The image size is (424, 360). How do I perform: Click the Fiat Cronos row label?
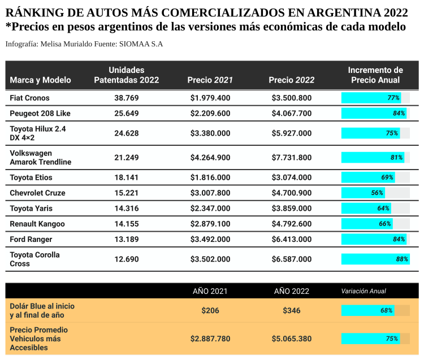click(x=29, y=98)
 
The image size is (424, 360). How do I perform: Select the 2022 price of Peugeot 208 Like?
click(x=291, y=113)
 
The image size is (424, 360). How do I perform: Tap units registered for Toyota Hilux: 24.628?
click(x=126, y=133)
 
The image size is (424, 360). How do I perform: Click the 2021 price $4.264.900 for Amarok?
click(x=210, y=157)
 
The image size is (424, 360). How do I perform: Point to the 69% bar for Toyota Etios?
click(x=368, y=177)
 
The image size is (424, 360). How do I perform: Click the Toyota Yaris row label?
click(x=31, y=208)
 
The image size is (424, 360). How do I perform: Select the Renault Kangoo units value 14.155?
click(x=126, y=224)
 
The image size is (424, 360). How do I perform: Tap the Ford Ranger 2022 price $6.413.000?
click(x=291, y=239)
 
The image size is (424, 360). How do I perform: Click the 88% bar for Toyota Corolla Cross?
click(x=375, y=259)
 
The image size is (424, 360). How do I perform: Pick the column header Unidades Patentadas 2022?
click(x=126, y=75)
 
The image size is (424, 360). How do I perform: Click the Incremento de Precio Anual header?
click(x=375, y=75)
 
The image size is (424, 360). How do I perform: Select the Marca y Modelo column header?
click(x=40, y=80)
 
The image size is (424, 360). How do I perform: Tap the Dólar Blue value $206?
click(x=210, y=310)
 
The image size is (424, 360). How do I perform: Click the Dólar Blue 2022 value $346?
click(x=291, y=310)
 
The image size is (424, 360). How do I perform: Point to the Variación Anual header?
click(x=364, y=291)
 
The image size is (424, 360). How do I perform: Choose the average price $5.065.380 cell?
click(x=291, y=339)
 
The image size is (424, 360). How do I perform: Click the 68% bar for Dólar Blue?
click(x=367, y=310)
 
